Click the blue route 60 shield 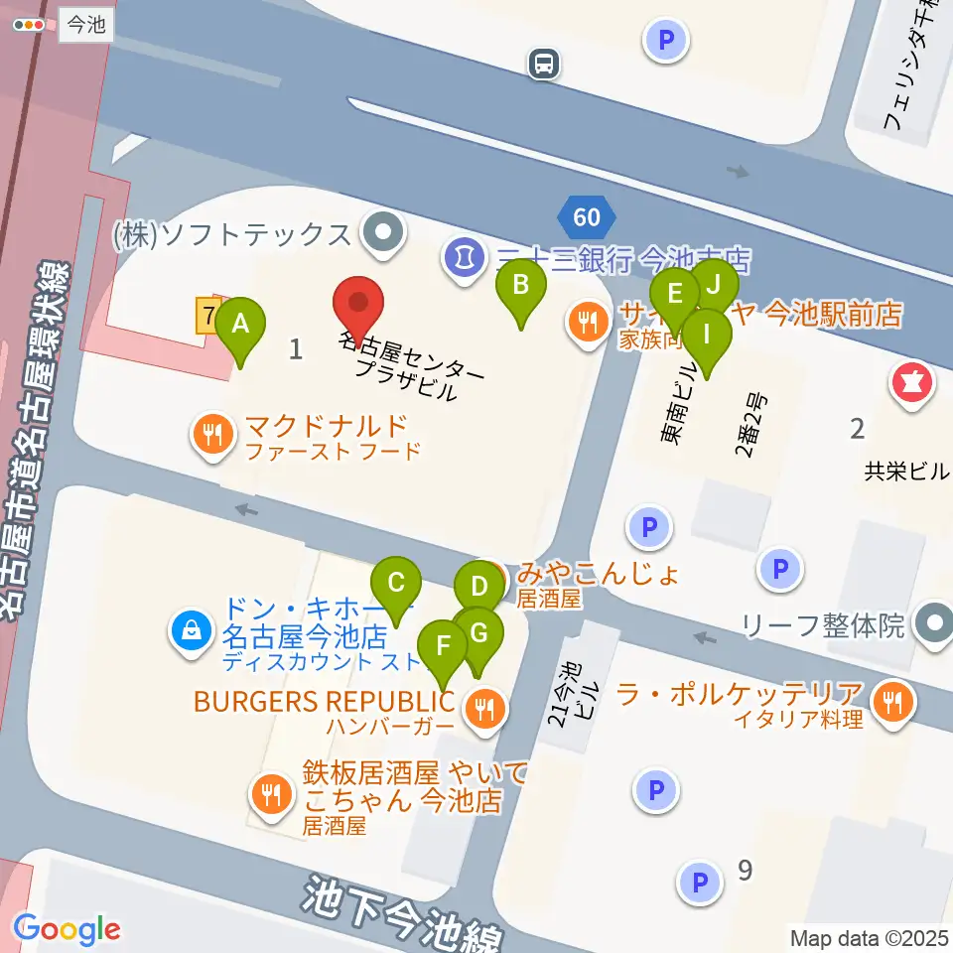click(x=587, y=215)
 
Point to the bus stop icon click(x=544, y=65)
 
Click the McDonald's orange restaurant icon click(x=211, y=434)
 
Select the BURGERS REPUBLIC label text click(x=324, y=702)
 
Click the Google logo click(x=67, y=929)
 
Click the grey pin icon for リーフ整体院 click(x=934, y=625)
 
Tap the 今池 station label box click(x=85, y=26)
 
